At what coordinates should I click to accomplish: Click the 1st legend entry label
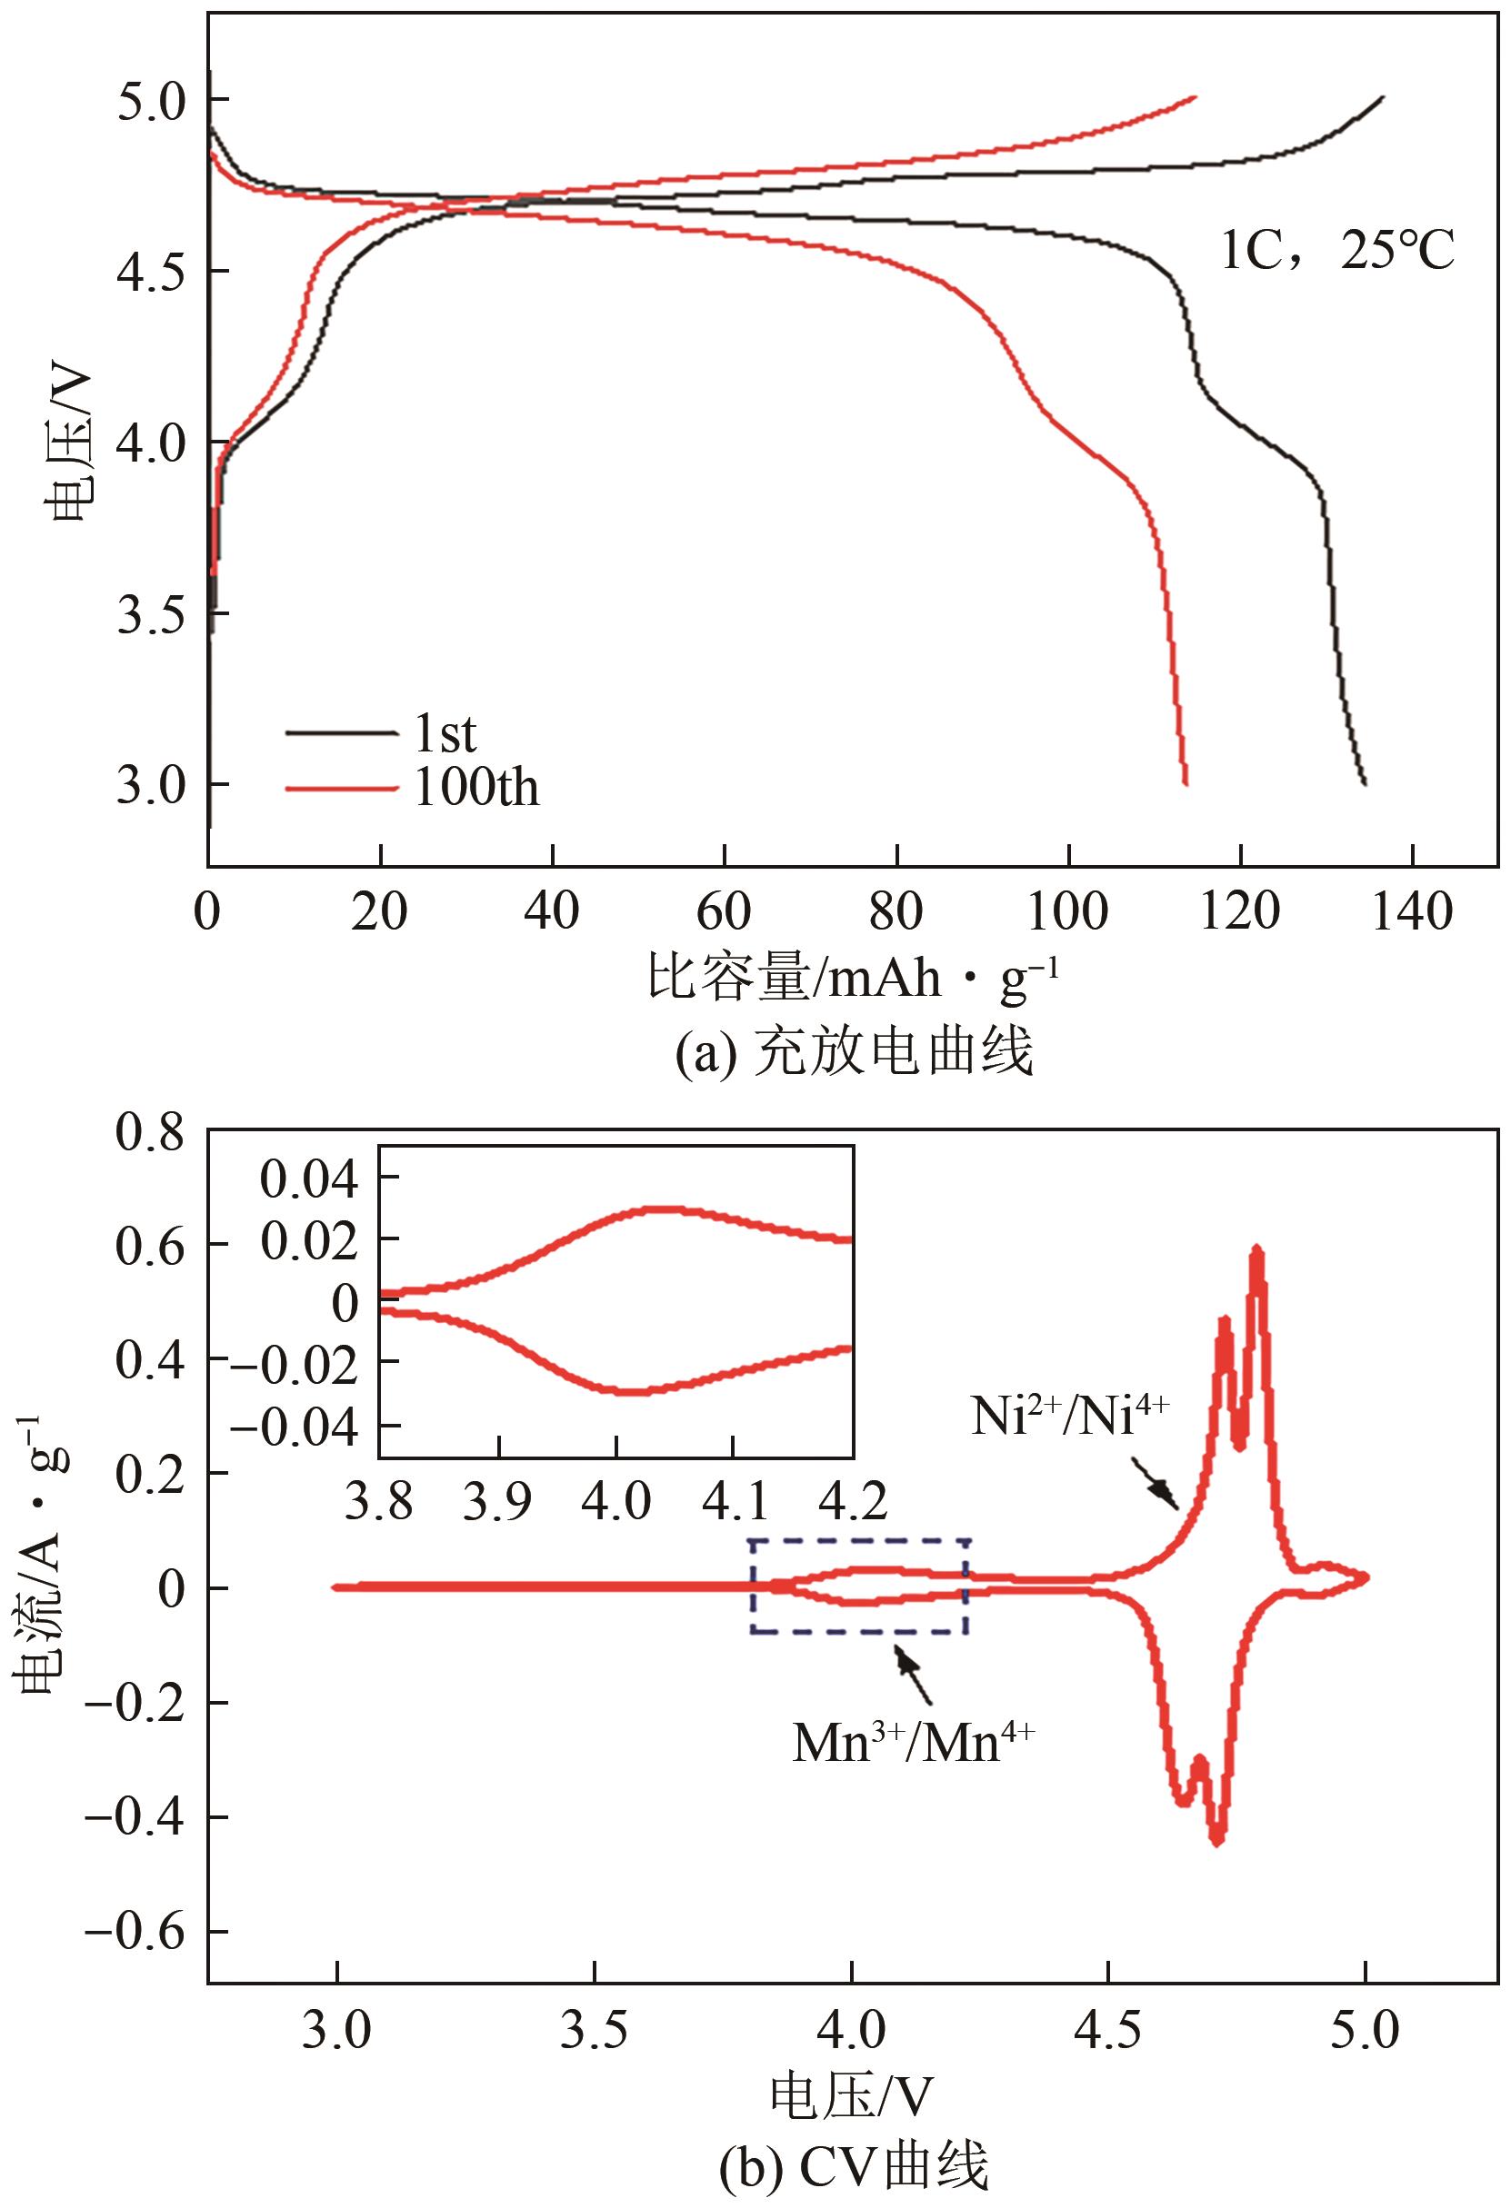pyautogui.click(x=445, y=733)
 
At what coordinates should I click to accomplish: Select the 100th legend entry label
pyautogui.click(x=476, y=788)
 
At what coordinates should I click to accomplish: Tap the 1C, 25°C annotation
pyautogui.click(x=1337, y=253)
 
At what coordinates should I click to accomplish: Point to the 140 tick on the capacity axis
pyautogui.click(x=1412, y=912)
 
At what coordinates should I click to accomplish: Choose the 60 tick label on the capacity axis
pyautogui.click(x=725, y=912)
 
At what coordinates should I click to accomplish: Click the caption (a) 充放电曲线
pyautogui.click(x=853, y=1053)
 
